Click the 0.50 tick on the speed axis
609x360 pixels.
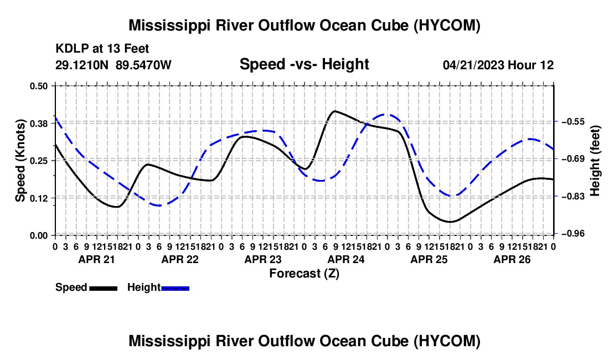point(38,86)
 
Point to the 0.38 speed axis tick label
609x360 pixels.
point(38,124)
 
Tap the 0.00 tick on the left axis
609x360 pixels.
point(38,235)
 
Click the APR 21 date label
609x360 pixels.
point(97,259)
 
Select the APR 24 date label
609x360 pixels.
point(346,259)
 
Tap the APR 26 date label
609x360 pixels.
point(512,259)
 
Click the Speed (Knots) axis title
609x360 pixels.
point(20,161)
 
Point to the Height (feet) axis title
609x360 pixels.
point(595,161)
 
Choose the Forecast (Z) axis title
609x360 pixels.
point(304,274)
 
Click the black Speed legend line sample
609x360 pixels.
point(104,288)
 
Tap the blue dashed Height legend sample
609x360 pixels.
point(175,288)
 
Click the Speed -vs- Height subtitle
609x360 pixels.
point(304,64)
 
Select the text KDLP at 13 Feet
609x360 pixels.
point(102,49)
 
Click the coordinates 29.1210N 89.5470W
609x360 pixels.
point(113,65)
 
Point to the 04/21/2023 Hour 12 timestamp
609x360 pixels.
point(498,65)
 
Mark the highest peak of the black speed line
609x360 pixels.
point(334,111)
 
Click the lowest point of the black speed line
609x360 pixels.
point(451,222)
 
